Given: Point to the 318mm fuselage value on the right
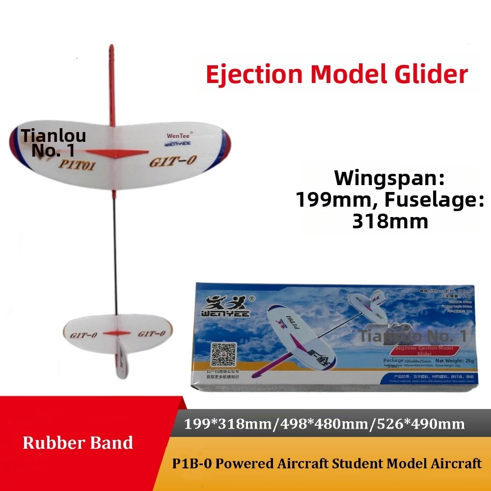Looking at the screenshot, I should tap(390, 221).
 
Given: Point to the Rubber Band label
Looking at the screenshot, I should tap(78, 443).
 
